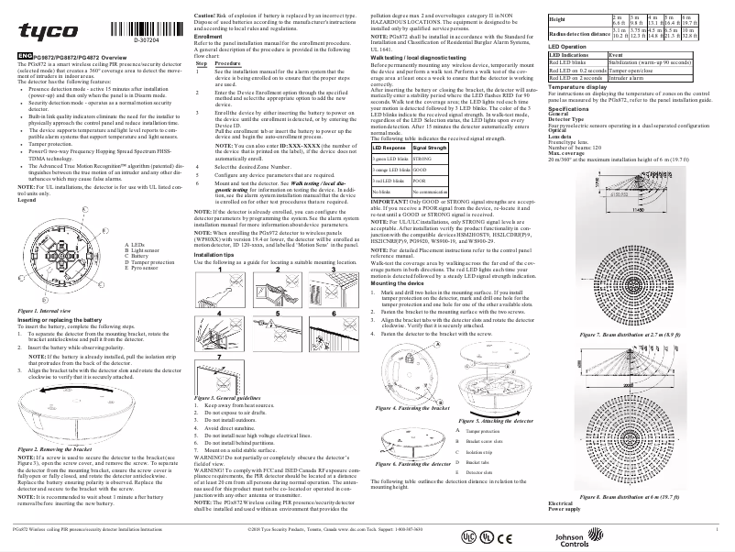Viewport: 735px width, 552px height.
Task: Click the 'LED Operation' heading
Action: click(x=566, y=45)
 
